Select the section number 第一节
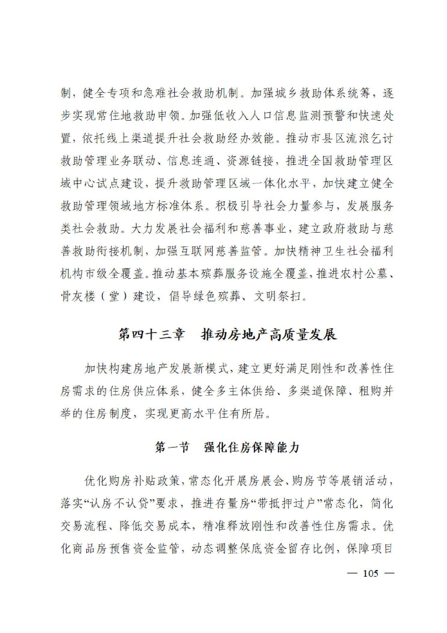172,447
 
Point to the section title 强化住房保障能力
251,447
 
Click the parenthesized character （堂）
114,296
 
